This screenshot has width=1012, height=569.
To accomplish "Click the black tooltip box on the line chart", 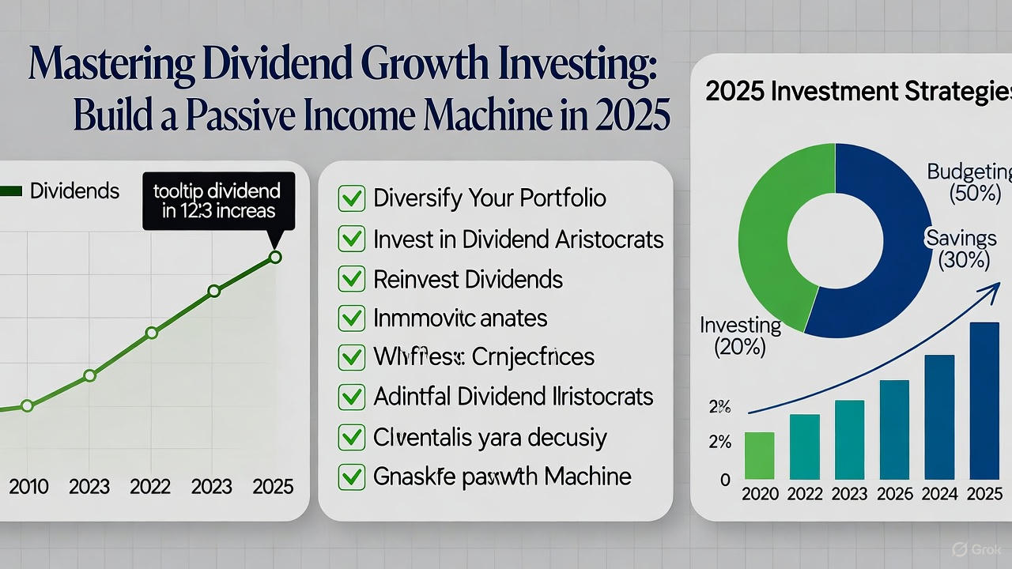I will [218, 202].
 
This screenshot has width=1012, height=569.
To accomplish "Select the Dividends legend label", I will [74, 190].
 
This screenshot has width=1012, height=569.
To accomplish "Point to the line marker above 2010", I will [27, 405].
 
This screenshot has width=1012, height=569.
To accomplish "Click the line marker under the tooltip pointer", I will [275, 257].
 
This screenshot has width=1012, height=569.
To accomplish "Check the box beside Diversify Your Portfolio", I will [350, 198].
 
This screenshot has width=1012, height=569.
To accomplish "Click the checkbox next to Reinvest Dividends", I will [350, 279].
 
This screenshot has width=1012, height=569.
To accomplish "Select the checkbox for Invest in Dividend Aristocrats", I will [350, 239].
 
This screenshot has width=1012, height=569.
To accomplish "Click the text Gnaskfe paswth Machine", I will [502, 477].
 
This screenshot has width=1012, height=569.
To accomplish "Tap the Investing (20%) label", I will [740, 336].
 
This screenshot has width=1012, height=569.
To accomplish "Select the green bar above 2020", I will [759, 455].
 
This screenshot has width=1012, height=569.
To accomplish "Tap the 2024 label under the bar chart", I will [939, 495].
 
